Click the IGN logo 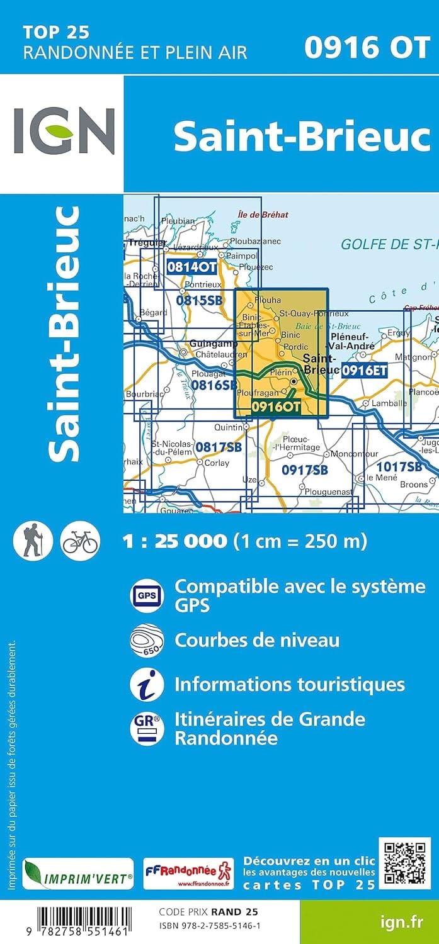click(64, 131)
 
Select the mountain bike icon click(80, 541)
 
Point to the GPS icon click(147, 595)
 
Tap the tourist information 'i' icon click(147, 685)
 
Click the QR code click(404, 863)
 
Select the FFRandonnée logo click(188, 874)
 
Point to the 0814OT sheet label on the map click(191, 267)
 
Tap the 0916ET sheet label click(364, 371)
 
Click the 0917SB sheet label click(305, 469)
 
